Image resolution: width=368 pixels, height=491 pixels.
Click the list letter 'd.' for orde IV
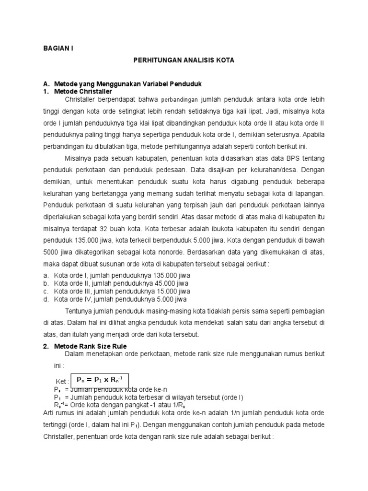pyautogui.click(x=46, y=299)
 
